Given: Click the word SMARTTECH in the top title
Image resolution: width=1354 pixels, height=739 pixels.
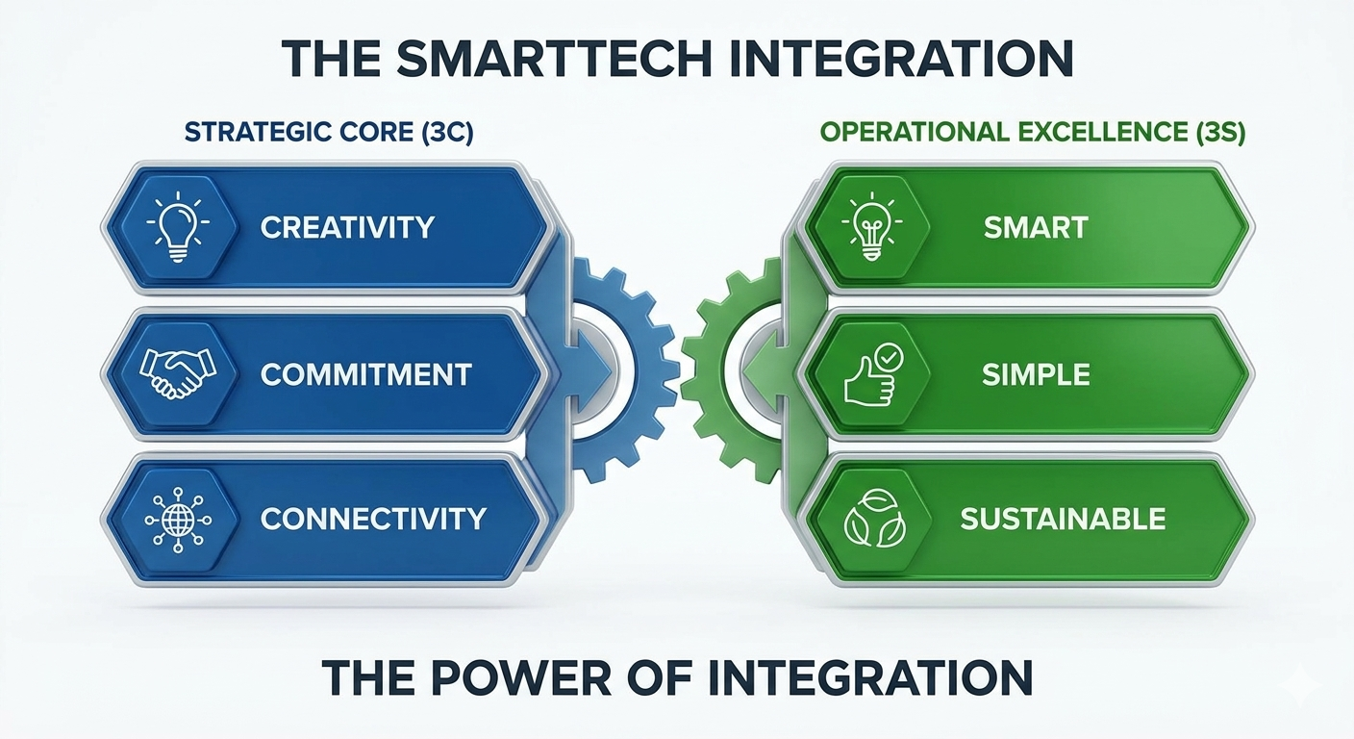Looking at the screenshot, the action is click(554, 59).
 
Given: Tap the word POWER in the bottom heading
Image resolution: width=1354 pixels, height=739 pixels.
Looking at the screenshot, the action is click(521, 678).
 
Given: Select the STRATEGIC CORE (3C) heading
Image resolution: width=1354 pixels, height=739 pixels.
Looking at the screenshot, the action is click(329, 133).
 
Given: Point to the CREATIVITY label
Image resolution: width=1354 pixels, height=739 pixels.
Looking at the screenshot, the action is click(347, 227).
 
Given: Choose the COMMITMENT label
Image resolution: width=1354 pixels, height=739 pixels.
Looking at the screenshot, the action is click(365, 374).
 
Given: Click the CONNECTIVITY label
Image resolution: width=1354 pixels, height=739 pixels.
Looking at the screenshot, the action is click(373, 519).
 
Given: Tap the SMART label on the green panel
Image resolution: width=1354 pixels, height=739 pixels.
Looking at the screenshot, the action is click(1036, 227).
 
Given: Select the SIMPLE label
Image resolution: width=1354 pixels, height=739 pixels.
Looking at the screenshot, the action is click(1036, 374).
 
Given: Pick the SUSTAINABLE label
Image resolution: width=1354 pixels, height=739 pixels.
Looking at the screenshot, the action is click(1063, 519).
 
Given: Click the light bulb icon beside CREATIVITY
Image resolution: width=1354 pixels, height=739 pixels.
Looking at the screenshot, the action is click(178, 226).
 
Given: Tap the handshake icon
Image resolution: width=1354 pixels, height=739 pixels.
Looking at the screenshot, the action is click(178, 373).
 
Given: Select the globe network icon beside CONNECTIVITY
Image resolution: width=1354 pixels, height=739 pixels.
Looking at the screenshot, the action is click(178, 520).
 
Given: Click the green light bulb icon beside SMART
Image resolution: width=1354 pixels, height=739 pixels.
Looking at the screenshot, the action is click(871, 226).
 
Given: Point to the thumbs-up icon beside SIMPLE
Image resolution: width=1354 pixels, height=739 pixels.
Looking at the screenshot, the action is click(873, 374).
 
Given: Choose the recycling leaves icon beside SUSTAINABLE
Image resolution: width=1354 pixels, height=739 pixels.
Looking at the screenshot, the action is click(874, 519).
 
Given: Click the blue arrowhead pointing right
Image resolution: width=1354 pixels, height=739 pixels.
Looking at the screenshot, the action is click(589, 369).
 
